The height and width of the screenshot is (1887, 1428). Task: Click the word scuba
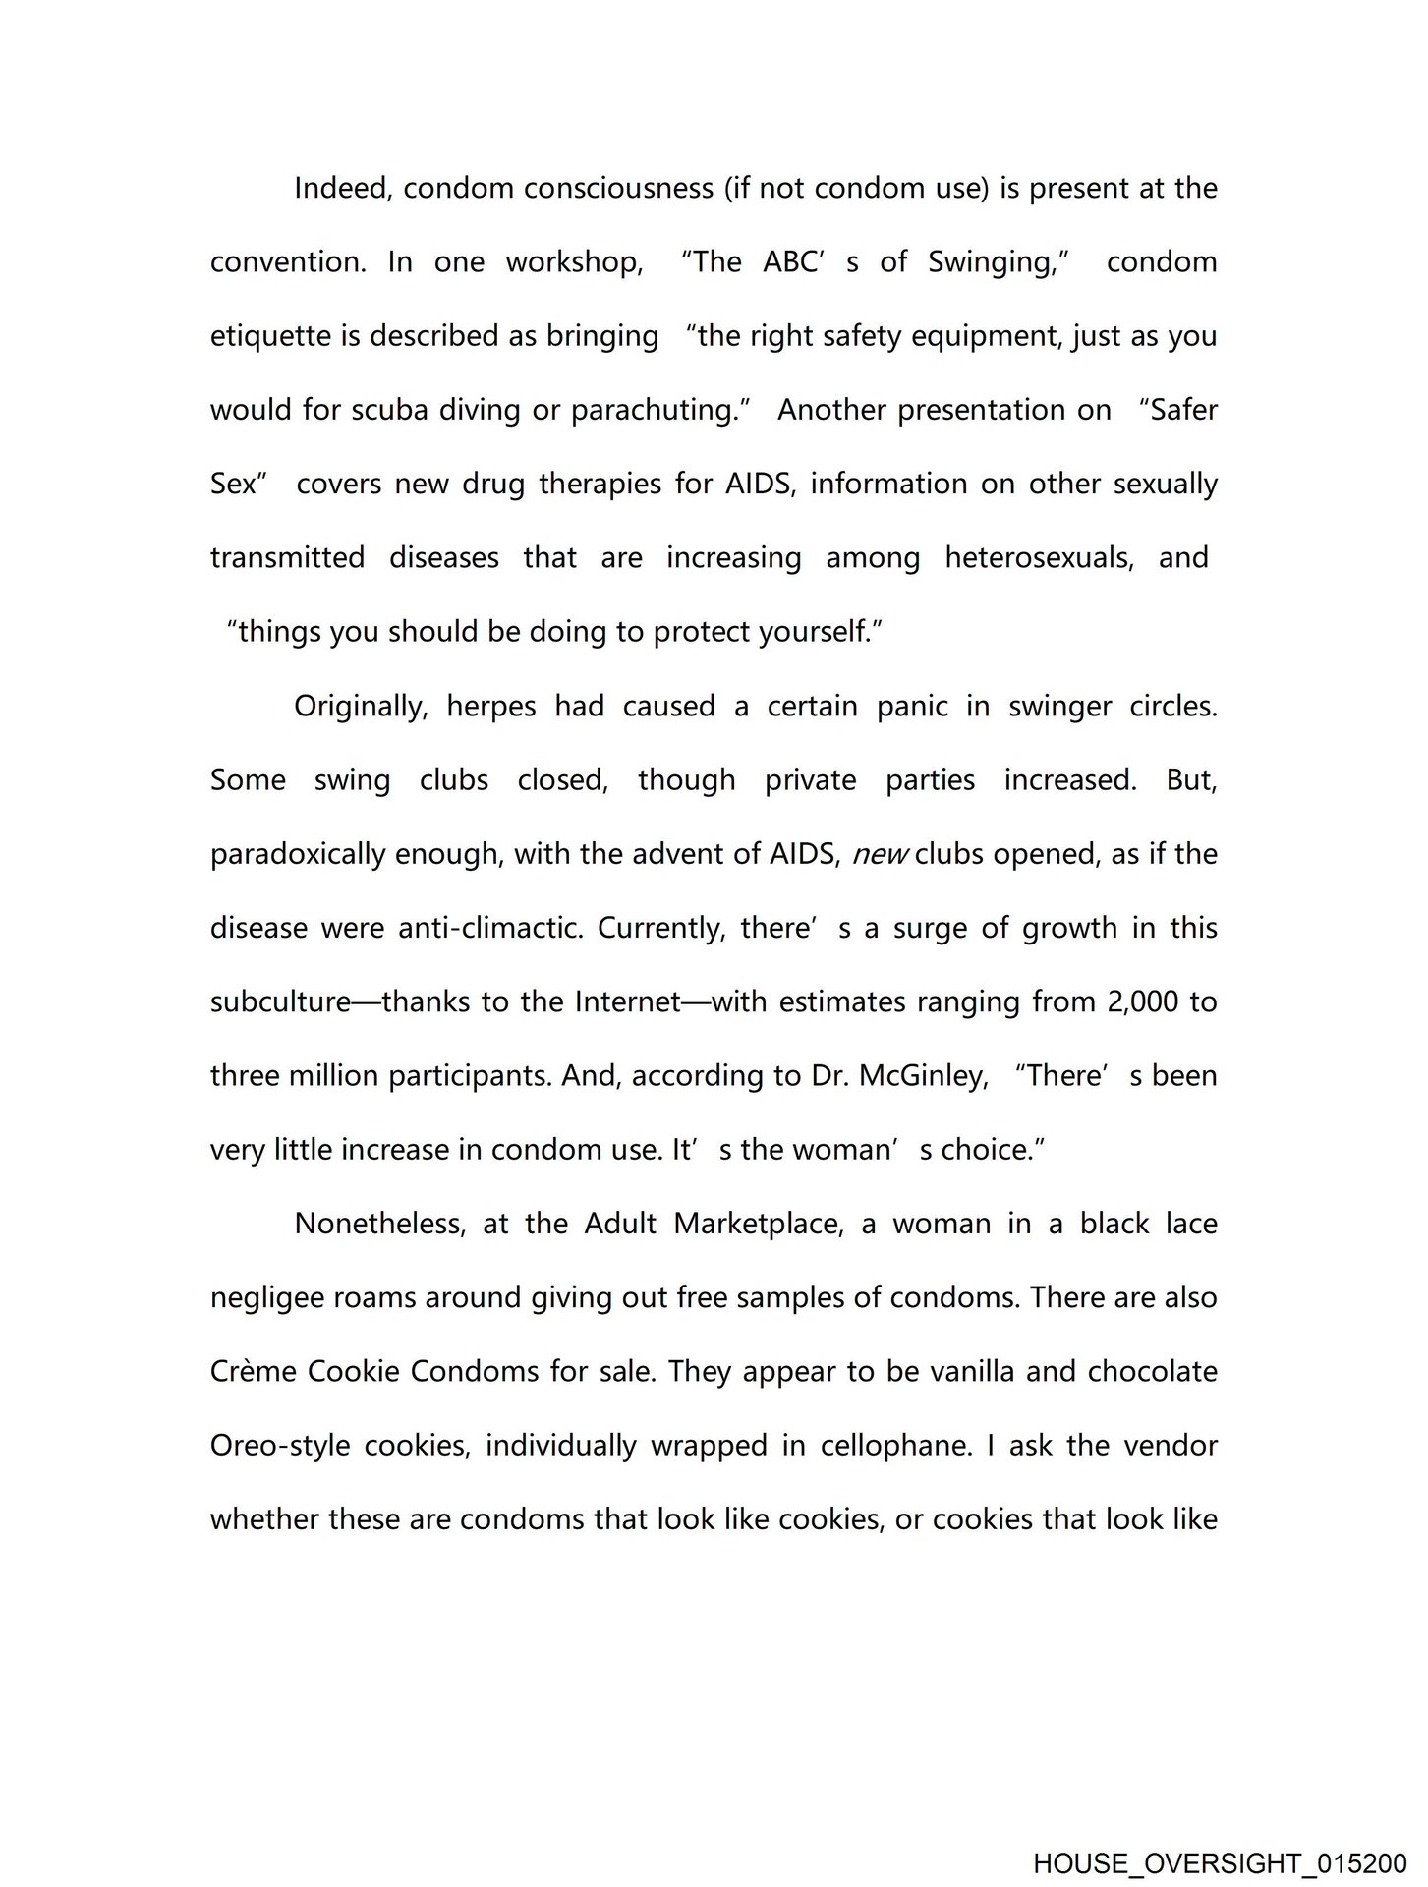[390, 410]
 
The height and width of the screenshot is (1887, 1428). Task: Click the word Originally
[360, 707]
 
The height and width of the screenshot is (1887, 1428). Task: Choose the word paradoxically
[297, 854]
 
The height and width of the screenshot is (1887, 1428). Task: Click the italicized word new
[880, 855]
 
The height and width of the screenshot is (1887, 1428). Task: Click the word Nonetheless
[379, 1224]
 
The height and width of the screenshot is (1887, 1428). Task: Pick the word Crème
[252, 1371]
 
